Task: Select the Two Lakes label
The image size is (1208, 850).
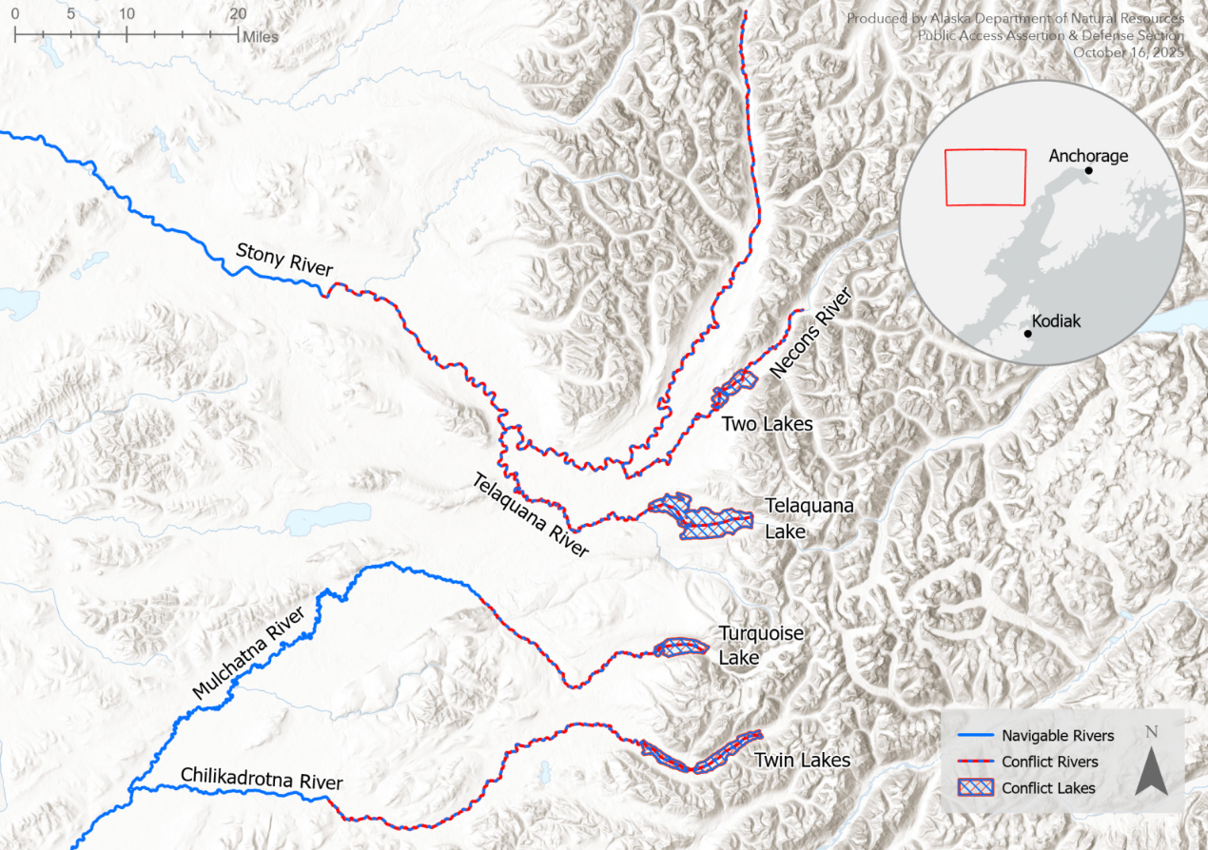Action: (767, 424)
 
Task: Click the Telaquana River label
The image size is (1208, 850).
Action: (531, 515)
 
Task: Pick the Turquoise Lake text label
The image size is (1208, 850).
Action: (748, 646)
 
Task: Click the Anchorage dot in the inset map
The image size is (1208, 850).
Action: (1088, 170)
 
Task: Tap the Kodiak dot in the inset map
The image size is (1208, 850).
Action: (1028, 334)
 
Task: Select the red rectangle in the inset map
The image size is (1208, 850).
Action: (985, 177)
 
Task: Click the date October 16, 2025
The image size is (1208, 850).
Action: (1129, 52)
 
